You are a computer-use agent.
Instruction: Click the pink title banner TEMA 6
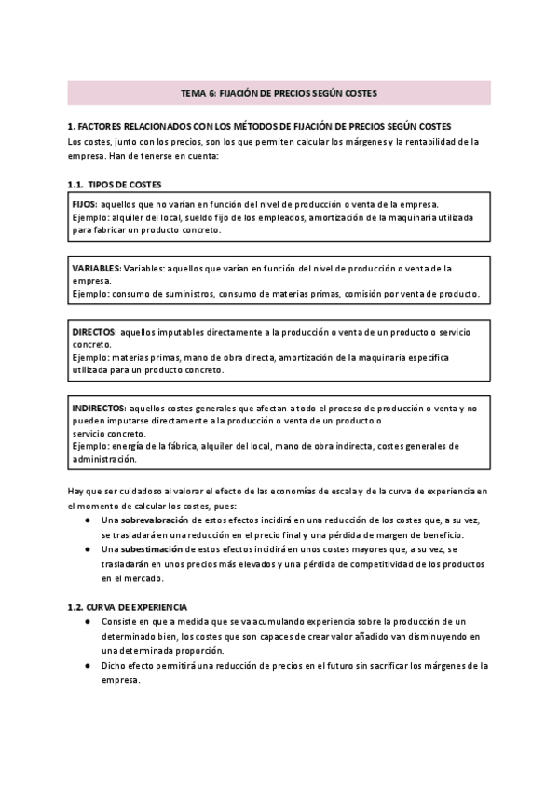pyautogui.click(x=279, y=93)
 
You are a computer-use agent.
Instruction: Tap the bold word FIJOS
pyautogui.click(x=84, y=203)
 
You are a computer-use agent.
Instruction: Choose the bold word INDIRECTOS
pyautogui.click(x=99, y=409)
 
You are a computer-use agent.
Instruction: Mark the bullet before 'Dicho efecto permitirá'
pyautogui.click(x=86, y=666)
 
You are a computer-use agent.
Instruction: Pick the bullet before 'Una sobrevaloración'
pyautogui.click(x=86, y=519)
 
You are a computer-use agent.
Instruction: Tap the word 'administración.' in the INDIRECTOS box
pyautogui.click(x=104, y=458)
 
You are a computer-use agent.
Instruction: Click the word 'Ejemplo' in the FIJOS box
pyautogui.click(x=89, y=216)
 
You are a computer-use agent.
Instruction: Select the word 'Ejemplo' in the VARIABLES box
pyautogui.click(x=89, y=294)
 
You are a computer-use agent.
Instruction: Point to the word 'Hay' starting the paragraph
pyautogui.click(x=77, y=489)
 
